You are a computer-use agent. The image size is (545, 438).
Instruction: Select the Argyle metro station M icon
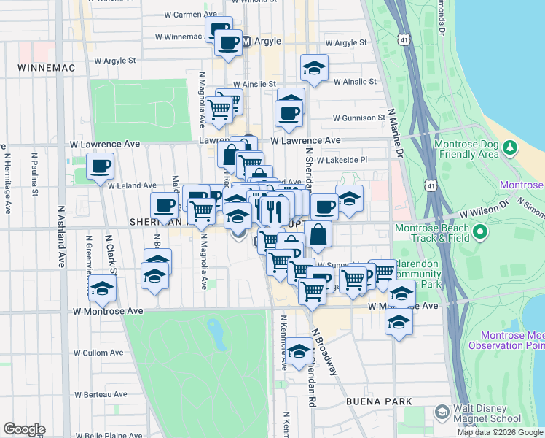pos(246,42)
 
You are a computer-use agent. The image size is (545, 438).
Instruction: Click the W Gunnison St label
pos(358,118)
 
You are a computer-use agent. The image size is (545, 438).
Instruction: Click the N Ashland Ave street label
pos(61,234)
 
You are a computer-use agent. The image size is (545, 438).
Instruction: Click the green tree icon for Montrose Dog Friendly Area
pos(509,148)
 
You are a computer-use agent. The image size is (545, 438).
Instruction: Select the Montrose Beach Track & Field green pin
pos(479,233)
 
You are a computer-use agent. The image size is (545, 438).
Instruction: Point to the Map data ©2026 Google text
pos(500,432)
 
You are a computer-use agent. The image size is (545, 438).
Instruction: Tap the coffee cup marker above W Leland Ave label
pos(100,166)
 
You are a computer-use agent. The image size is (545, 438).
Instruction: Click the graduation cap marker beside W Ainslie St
pos(314,69)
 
